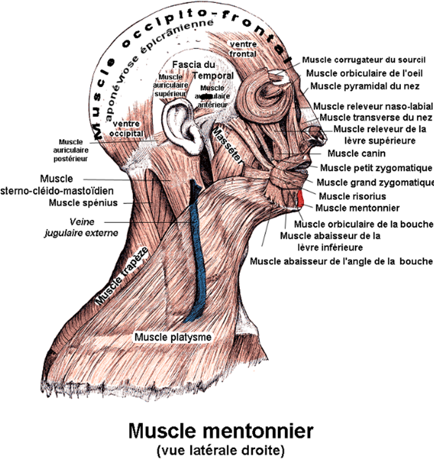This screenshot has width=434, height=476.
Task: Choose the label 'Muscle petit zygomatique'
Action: pyautogui.click(x=376, y=167)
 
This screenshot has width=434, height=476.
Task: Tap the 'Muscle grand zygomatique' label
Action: pyautogui.click(x=375, y=182)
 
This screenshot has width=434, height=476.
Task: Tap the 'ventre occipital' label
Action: pyautogui.click(x=127, y=128)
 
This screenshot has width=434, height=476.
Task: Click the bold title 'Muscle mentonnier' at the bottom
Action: pyautogui.click(x=220, y=431)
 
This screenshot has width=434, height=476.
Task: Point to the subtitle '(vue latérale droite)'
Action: pyautogui.click(x=220, y=451)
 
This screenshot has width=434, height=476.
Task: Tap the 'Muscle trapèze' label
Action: pyautogui.click(x=120, y=276)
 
